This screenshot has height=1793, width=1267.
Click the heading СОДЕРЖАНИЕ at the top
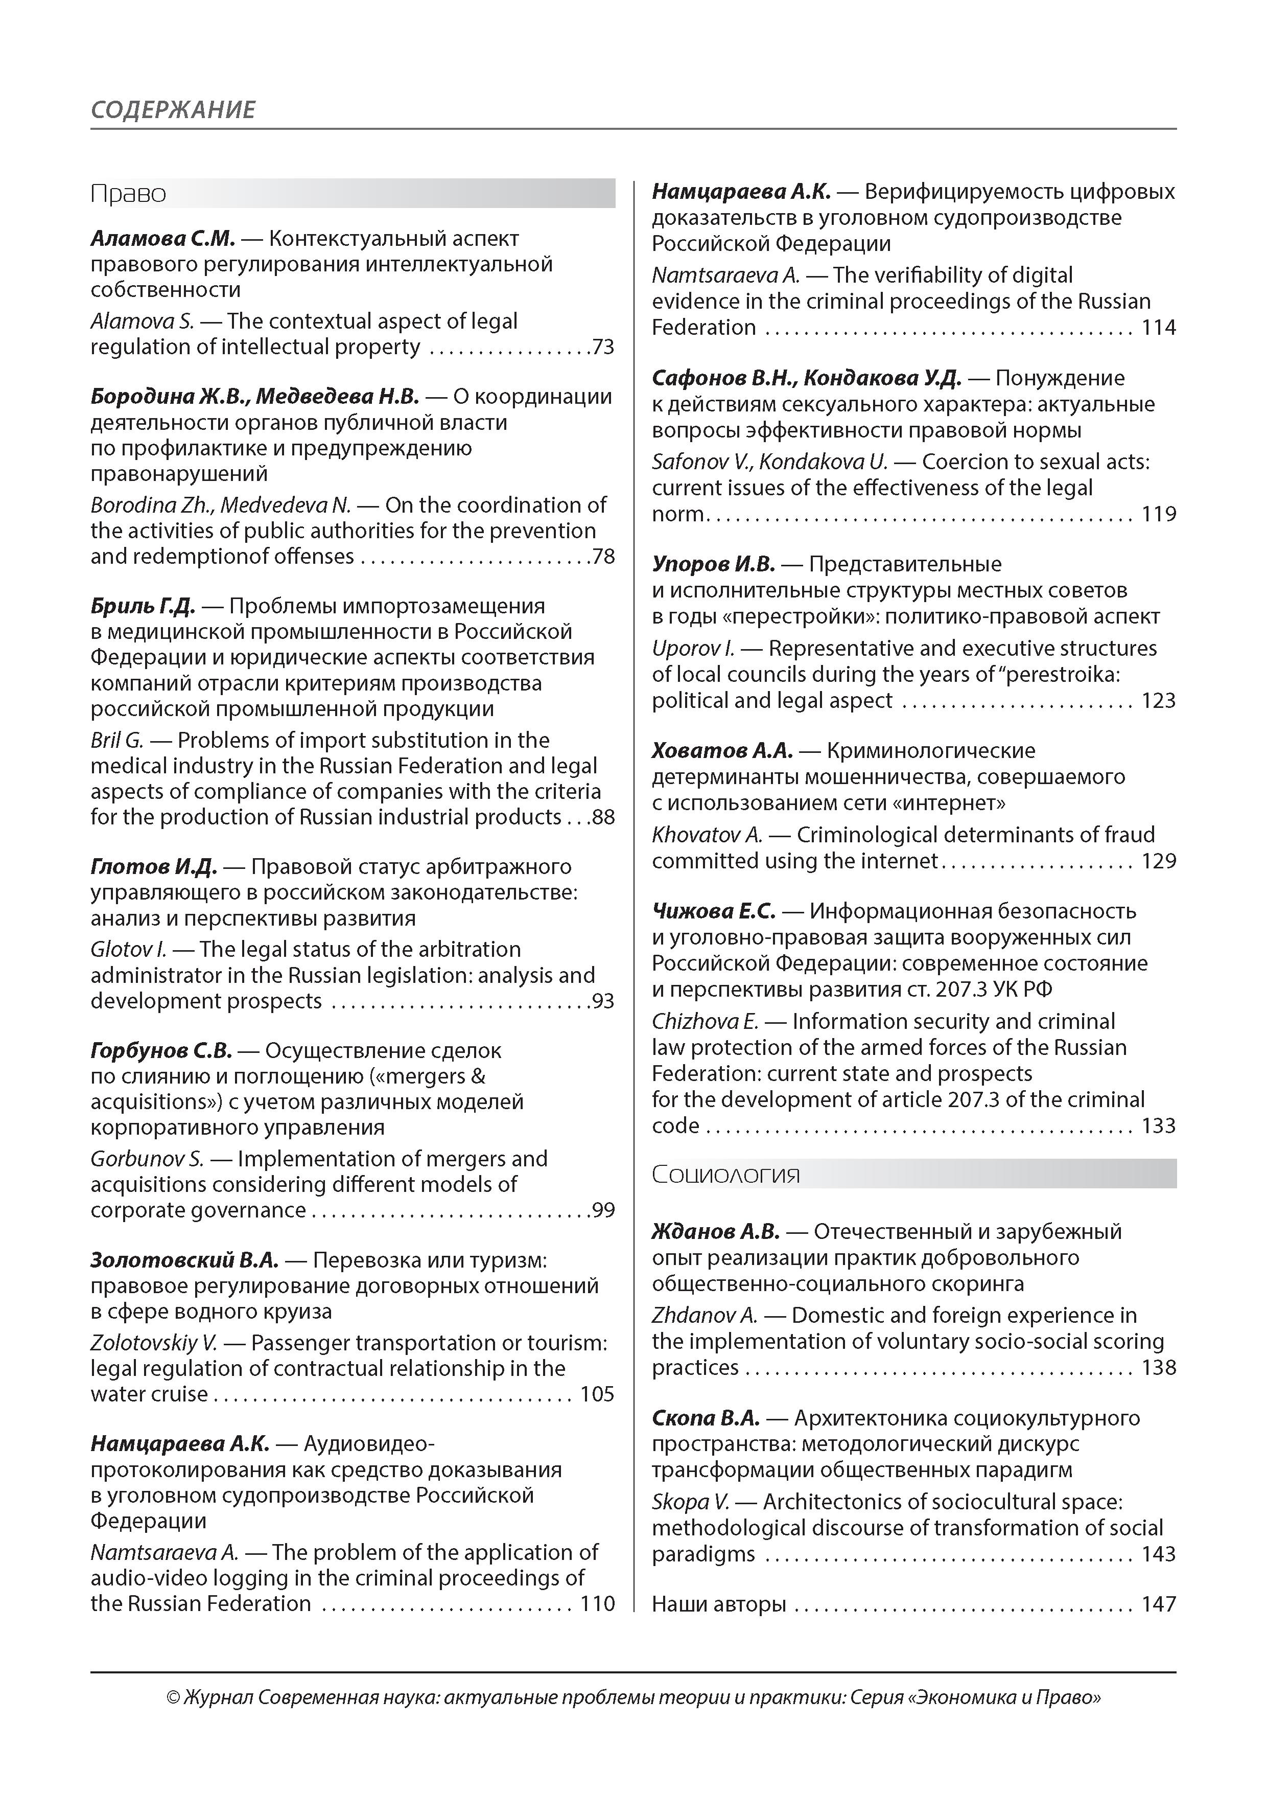coord(173,109)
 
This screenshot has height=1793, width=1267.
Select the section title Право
coord(128,194)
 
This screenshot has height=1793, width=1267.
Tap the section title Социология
coord(726,1174)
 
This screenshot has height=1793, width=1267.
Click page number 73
coord(603,347)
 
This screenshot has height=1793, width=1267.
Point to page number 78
coord(603,557)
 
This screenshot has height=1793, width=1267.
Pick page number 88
coord(603,818)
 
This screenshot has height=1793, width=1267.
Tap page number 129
coord(1159,861)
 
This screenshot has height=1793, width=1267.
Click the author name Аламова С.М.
coord(162,238)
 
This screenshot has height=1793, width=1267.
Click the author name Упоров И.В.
coord(713,564)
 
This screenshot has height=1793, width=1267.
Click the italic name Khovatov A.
coord(707,835)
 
